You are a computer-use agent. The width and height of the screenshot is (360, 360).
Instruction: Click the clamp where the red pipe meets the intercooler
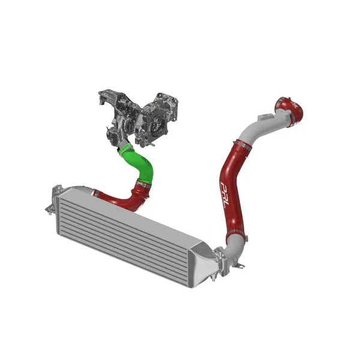point(97,193)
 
